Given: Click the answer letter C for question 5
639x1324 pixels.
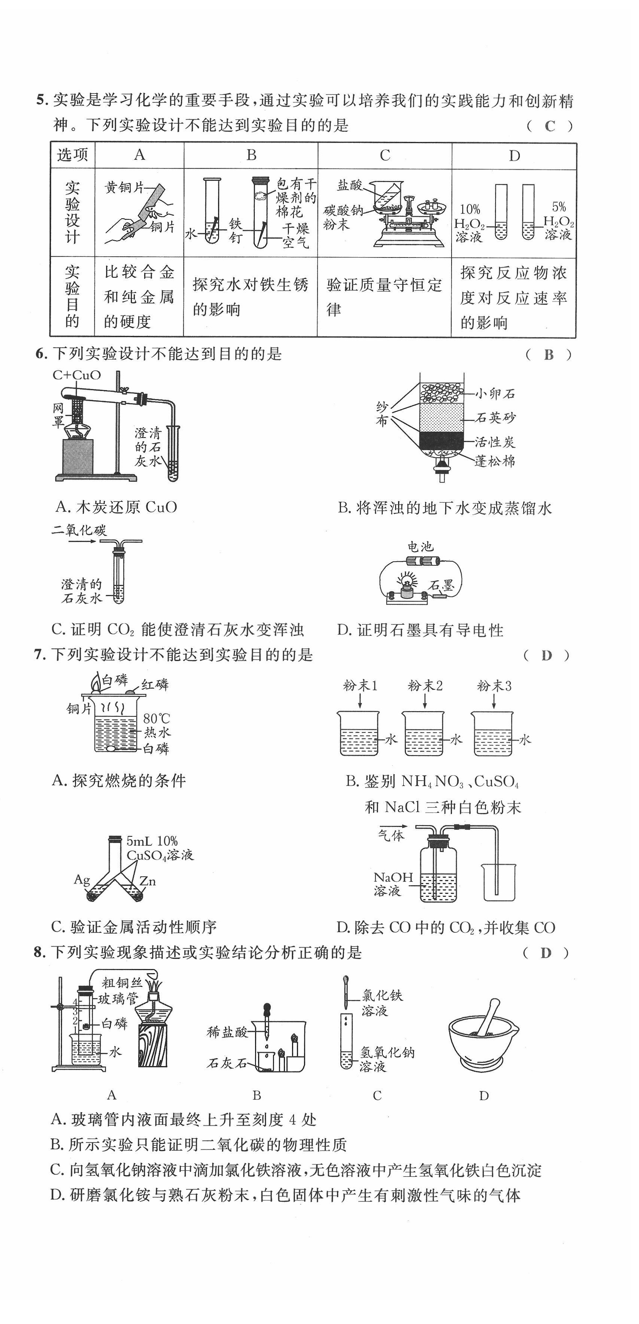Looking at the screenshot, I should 550,126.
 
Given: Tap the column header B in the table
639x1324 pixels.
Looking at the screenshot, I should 251,155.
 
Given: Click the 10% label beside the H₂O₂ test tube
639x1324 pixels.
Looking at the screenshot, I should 469,210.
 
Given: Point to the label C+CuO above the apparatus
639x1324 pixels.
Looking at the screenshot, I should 77,375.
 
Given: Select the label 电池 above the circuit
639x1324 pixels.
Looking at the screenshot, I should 420,547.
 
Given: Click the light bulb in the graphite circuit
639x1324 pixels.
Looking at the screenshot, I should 408,580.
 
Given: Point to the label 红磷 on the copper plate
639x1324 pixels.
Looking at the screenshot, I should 155,685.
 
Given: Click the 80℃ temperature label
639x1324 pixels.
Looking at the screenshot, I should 156,719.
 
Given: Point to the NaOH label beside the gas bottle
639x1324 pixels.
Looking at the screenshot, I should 393,878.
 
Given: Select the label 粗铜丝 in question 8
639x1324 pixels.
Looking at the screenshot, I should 122,983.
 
